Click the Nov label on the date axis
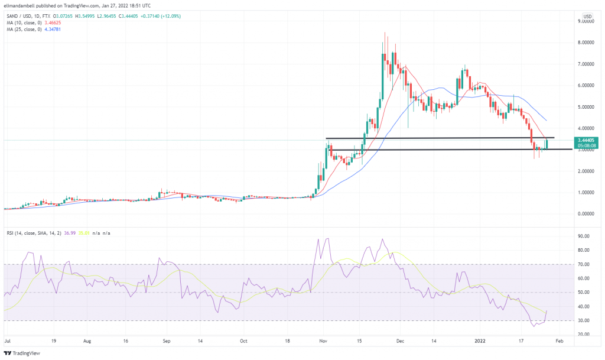pyautogui.click(x=324, y=341)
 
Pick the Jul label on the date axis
pyautogui.click(x=8, y=341)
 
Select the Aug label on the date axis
pyautogui.click(x=87, y=341)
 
